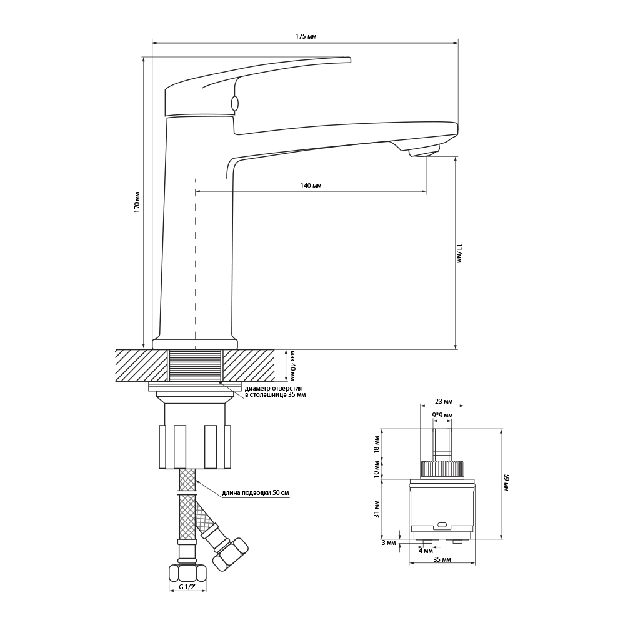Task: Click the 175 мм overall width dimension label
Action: click(306, 37)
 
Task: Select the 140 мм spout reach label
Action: click(311, 186)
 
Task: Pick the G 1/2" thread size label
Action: click(187, 587)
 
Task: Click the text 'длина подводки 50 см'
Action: click(256, 493)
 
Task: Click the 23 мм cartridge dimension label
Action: click(442, 401)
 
